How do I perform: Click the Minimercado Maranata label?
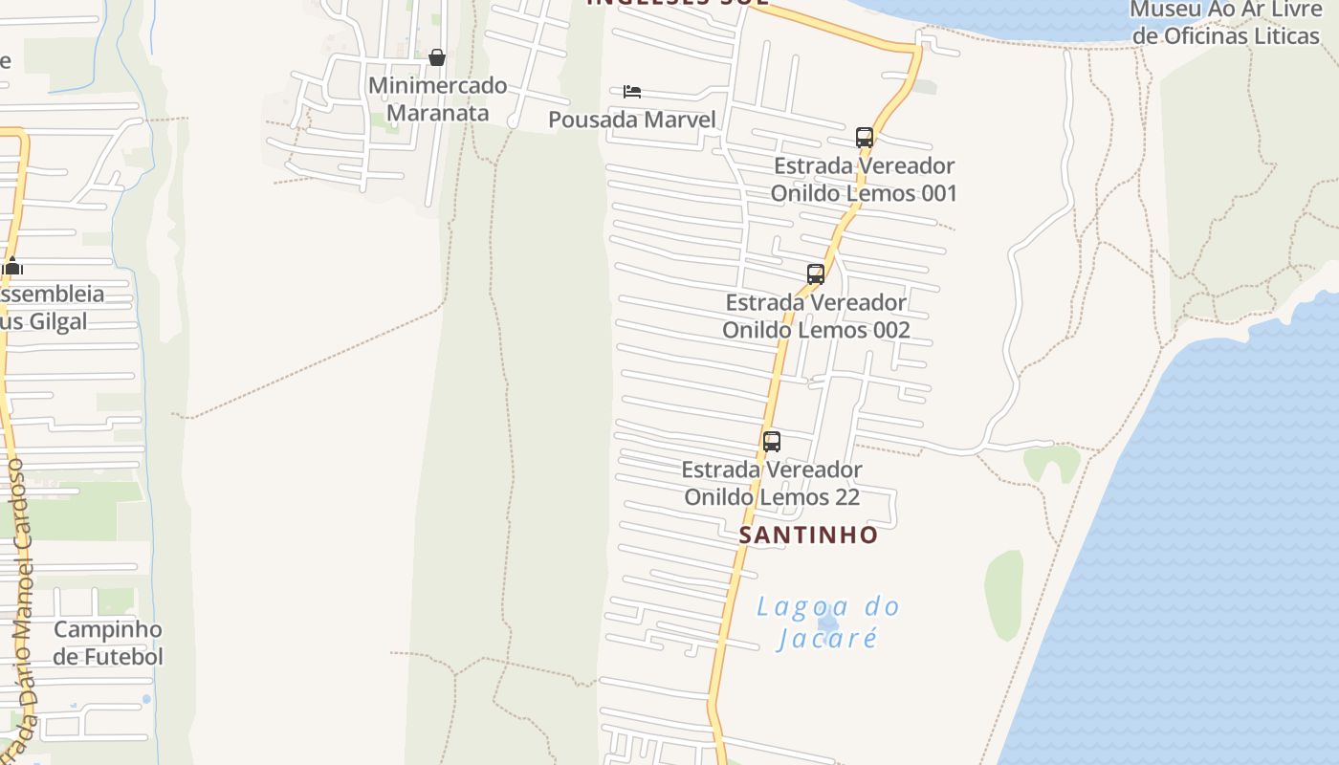(437, 98)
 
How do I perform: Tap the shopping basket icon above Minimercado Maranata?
(437, 57)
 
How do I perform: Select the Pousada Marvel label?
(631, 120)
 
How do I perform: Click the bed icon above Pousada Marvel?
(631, 92)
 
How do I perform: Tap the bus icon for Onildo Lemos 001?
(865, 137)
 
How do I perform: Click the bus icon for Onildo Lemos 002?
(816, 274)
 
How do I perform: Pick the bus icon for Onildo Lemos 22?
(772, 442)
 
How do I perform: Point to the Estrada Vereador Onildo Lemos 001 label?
(864, 179)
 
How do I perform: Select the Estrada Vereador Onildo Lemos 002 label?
(816, 316)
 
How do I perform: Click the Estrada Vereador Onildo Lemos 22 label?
(772, 483)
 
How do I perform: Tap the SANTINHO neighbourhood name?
(808, 535)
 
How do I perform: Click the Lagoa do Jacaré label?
(828, 622)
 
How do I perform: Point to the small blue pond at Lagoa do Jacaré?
(828, 623)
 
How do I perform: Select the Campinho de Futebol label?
(107, 643)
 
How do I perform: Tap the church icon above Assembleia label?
(11, 266)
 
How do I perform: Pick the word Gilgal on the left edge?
(57, 321)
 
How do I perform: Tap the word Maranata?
(437, 113)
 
